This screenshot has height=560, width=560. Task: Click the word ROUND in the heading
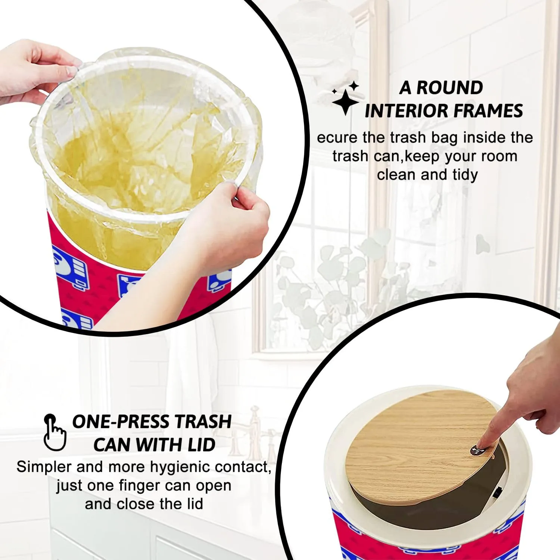449,88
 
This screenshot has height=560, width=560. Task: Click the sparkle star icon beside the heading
345,98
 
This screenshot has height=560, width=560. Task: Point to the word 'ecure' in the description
337,138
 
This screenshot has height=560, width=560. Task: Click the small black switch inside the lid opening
497,493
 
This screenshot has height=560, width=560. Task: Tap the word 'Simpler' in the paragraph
44,467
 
